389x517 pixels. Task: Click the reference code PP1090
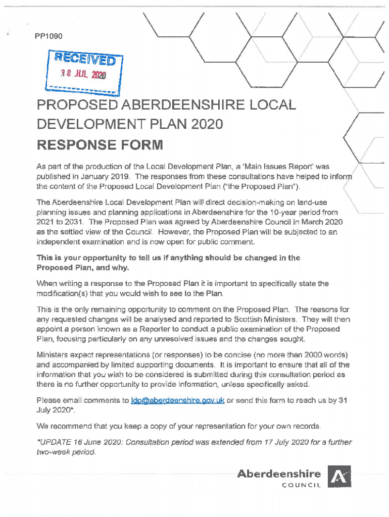49,36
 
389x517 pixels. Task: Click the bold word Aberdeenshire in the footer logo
279,474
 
